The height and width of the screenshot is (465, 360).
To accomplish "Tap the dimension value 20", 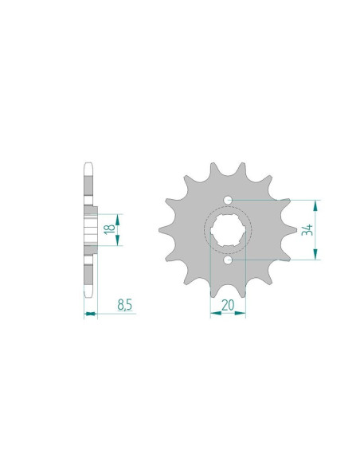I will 228,303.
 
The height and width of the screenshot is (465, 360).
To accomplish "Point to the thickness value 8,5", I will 124,303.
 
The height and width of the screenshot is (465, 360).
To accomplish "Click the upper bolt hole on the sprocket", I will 228,199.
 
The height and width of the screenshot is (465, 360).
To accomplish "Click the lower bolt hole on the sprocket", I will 228,260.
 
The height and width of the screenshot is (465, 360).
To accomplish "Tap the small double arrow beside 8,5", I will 90,314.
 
